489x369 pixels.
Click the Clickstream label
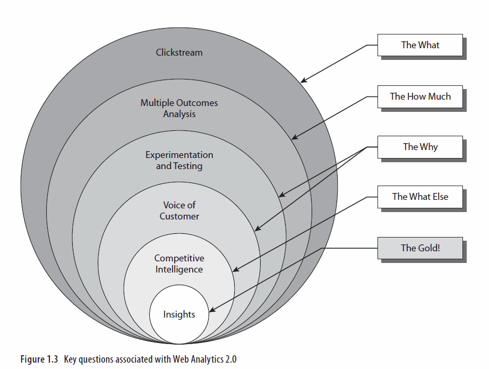click(179, 52)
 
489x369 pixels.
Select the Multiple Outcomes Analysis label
click(179, 108)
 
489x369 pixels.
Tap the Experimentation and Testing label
click(179, 160)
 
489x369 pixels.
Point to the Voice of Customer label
click(179, 210)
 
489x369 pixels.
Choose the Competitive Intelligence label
click(179, 263)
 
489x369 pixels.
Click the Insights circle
click(179, 314)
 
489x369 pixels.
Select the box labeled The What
click(420, 45)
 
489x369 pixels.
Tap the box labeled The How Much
click(420, 96)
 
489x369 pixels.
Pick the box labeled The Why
click(420, 147)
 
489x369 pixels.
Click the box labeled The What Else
click(420, 197)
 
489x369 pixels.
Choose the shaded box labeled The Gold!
click(420, 248)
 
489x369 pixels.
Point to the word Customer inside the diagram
click(179, 216)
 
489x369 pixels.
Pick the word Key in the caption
click(70, 359)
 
